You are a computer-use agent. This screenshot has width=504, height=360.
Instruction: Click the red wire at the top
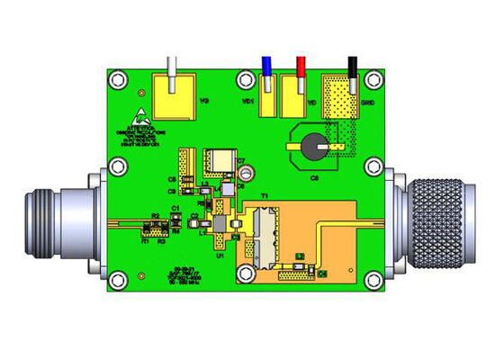coord(300,68)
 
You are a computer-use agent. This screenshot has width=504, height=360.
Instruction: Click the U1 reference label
coord(219,256)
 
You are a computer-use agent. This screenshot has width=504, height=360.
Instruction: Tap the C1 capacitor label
coord(176,209)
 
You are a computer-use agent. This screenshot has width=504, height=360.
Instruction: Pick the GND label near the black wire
coord(368,103)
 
